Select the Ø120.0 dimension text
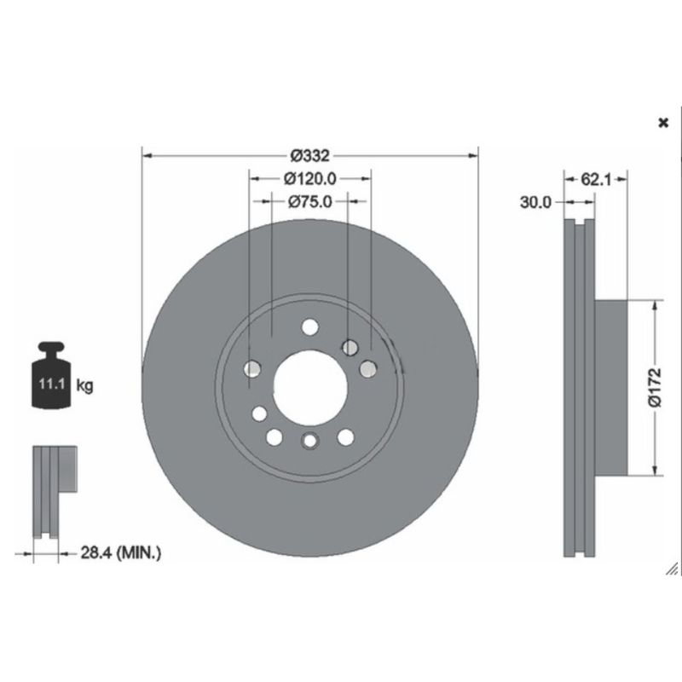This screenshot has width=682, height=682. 309,179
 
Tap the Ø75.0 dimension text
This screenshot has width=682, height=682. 309,202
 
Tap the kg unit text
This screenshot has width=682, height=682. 84,385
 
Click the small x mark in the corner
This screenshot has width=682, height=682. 664,123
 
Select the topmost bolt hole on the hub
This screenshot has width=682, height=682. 309,327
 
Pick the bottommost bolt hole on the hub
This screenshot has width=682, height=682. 309,440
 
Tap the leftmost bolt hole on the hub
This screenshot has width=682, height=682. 251,368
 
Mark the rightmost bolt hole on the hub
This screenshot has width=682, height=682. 368,367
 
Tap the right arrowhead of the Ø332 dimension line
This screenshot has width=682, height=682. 473,156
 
